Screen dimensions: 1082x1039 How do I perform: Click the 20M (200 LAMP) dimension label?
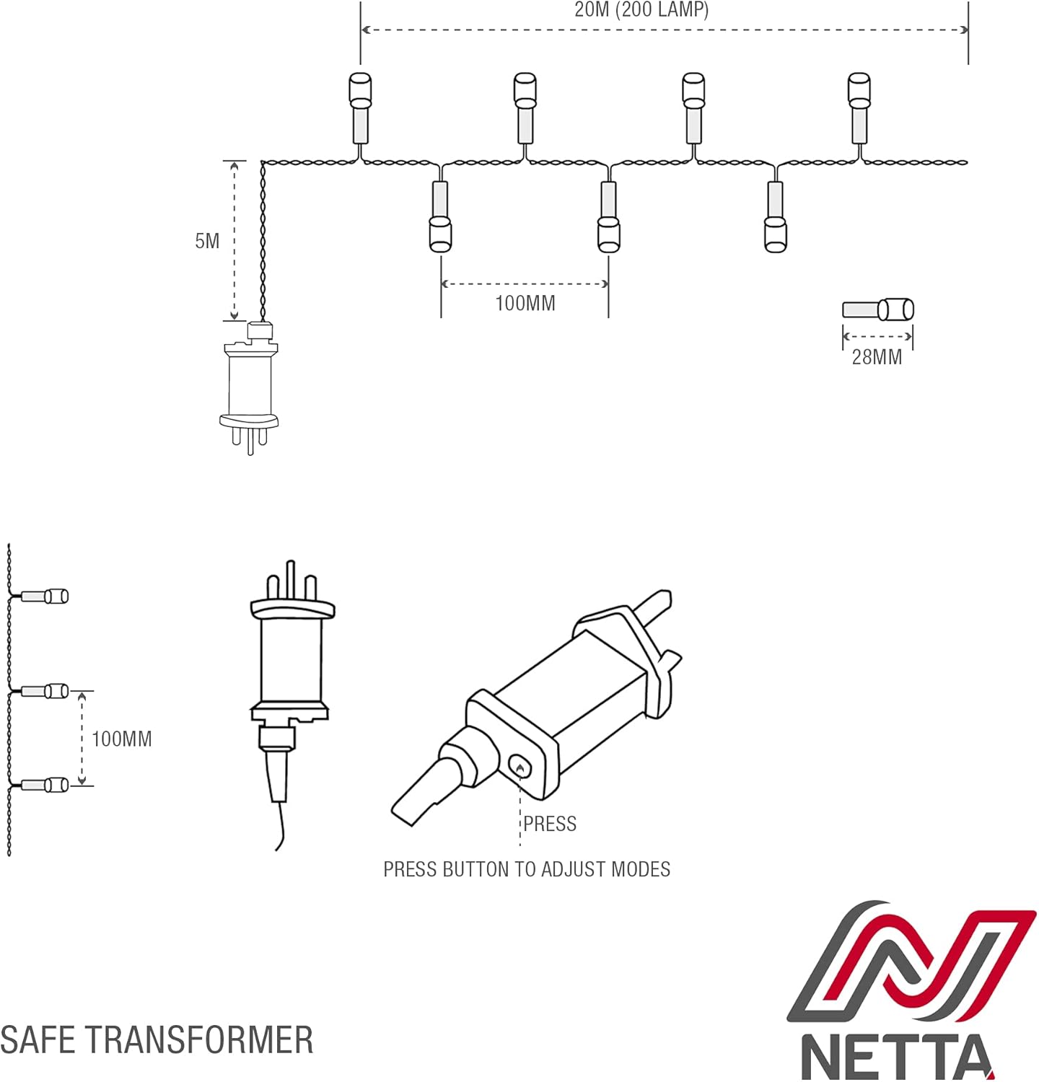click(x=641, y=10)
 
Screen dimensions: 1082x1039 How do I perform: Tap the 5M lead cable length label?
click(x=207, y=241)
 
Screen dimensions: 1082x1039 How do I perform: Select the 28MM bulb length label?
click(x=877, y=357)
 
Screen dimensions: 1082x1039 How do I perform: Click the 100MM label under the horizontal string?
click(x=525, y=303)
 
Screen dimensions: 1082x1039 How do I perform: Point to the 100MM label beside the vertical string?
click(x=122, y=739)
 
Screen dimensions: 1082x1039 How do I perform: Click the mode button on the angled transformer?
click(x=519, y=767)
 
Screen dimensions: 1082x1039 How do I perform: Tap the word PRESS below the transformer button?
click(x=550, y=824)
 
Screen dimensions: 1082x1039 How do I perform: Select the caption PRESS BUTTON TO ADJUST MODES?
click(x=527, y=869)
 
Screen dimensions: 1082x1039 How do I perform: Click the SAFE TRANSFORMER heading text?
click(x=157, y=1040)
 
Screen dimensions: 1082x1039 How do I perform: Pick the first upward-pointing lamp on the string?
click(x=359, y=108)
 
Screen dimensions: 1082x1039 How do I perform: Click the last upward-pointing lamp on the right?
click(x=859, y=108)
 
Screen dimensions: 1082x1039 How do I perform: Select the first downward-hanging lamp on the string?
click(x=440, y=216)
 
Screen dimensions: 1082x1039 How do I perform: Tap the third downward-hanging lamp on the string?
click(x=776, y=216)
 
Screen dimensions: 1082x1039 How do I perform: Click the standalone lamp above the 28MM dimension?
click(x=878, y=310)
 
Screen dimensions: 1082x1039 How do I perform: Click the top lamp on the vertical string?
click(x=45, y=597)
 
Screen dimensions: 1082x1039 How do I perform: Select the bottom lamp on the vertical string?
click(x=45, y=785)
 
